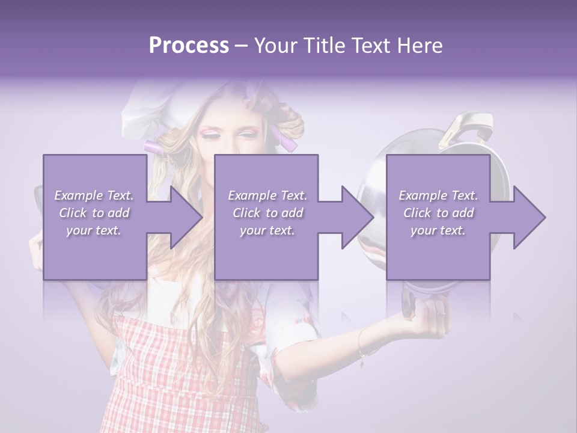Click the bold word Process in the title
189,46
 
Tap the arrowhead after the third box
528,217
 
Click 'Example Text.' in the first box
94,195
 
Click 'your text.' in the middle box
267,230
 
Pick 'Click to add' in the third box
438,213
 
